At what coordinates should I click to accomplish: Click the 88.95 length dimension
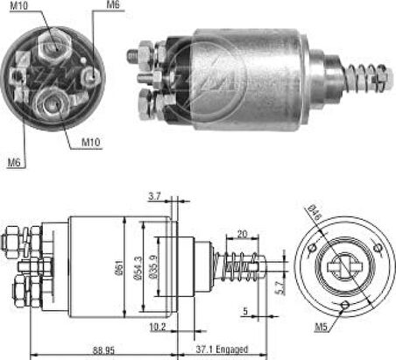coord(103,349)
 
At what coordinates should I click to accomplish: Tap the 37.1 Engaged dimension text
coord(222,349)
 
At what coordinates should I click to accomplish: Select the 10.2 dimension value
coord(158,327)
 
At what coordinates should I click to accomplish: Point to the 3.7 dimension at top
coord(154,196)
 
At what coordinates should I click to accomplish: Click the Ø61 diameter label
coord(121,268)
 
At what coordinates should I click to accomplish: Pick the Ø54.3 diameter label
coord(138,268)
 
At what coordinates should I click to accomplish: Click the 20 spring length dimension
coord(242,234)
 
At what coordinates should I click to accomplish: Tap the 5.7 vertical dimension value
coord(280,287)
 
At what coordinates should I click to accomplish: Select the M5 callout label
coord(321,327)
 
